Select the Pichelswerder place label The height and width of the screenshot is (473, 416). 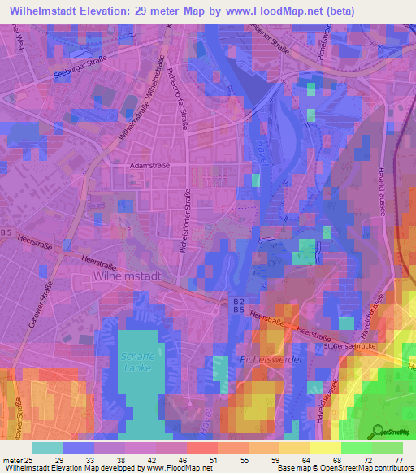point(271,358)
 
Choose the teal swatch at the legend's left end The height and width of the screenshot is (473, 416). point(48,448)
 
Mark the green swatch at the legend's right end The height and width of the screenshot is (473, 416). point(388,448)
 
